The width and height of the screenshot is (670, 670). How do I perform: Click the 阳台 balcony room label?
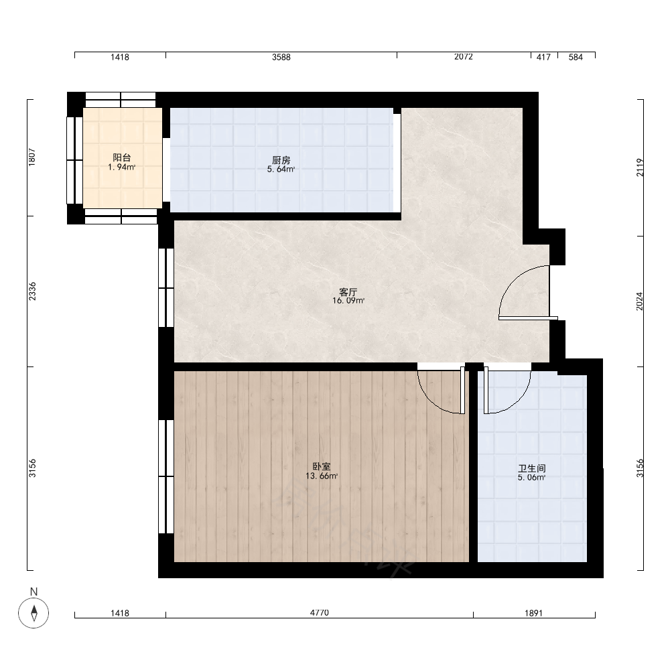[x=122, y=157]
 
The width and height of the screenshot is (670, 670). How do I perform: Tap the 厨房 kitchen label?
[x=281, y=160]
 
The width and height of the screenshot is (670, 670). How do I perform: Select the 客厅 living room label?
[x=348, y=292]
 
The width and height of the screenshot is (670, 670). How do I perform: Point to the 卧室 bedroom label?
[x=322, y=467]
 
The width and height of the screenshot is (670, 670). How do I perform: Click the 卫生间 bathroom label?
[x=531, y=468]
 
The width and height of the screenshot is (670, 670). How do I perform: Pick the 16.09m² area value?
[x=348, y=301]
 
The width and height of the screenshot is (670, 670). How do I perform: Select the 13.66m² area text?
[x=322, y=476]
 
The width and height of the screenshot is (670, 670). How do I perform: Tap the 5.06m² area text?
[x=531, y=478]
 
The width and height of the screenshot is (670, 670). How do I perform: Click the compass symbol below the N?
[x=33, y=613]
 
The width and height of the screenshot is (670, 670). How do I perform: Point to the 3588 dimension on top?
[x=281, y=57]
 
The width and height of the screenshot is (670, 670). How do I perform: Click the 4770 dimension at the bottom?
[x=319, y=613]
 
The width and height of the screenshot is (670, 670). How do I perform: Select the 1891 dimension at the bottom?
[x=533, y=613]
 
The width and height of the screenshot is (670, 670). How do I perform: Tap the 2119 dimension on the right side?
[x=640, y=167]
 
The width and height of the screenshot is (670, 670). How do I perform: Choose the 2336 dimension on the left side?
[x=32, y=291]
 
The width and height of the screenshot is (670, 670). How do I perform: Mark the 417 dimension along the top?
[x=543, y=57]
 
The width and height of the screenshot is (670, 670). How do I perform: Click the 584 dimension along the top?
[x=576, y=57]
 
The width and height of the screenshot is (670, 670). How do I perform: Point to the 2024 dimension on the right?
[x=640, y=301]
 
